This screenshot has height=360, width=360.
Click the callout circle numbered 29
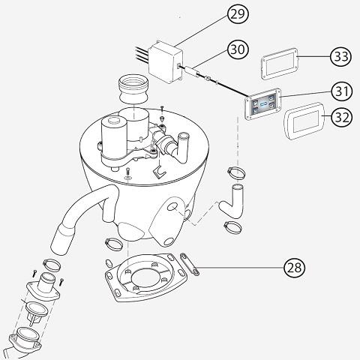pyautogui.click(x=238, y=14)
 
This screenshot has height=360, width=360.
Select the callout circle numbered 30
pyautogui.click(x=238, y=49)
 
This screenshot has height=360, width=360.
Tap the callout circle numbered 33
pyautogui.click(x=341, y=57)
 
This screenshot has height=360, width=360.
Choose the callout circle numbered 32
pyautogui.click(x=342, y=117)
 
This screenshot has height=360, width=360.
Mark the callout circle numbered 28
pyautogui.click(x=295, y=268)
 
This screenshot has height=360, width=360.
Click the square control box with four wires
pyautogui.click(x=166, y=62)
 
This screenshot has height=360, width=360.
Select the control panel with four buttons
pyautogui.click(x=262, y=106)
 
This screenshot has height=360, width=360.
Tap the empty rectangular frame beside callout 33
pyautogui.click(x=280, y=64)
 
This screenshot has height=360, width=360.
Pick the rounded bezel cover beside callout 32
pyautogui.click(x=304, y=121)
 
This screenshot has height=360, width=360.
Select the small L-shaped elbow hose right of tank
pyautogui.click(x=232, y=202)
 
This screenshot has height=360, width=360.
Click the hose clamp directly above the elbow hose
pyautogui.click(x=236, y=172)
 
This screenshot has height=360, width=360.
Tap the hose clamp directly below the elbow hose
pyautogui.click(x=232, y=226)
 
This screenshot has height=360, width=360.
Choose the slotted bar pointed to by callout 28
pyautogui.click(x=190, y=264)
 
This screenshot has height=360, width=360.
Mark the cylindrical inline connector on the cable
pyautogui.click(x=192, y=70)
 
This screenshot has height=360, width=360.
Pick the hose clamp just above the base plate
pyautogui.click(x=114, y=244)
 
